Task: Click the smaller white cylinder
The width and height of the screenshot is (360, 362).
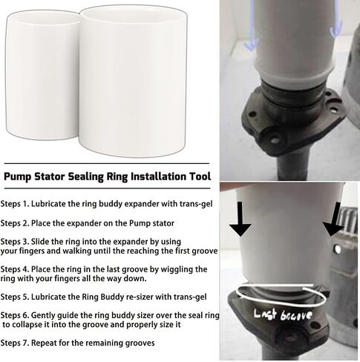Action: pos(43,74)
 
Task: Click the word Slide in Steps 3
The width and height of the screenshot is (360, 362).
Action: pos(40,241)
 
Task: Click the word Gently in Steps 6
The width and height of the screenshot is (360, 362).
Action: pos(43,315)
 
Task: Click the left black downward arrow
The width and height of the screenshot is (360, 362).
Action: pos(240,219)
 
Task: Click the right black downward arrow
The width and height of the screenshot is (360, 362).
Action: pos(333,219)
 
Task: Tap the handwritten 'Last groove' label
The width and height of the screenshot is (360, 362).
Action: pos(283,315)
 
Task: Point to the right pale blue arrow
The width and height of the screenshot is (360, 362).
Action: pos(336,20)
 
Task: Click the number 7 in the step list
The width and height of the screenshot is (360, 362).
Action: pos(25,343)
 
